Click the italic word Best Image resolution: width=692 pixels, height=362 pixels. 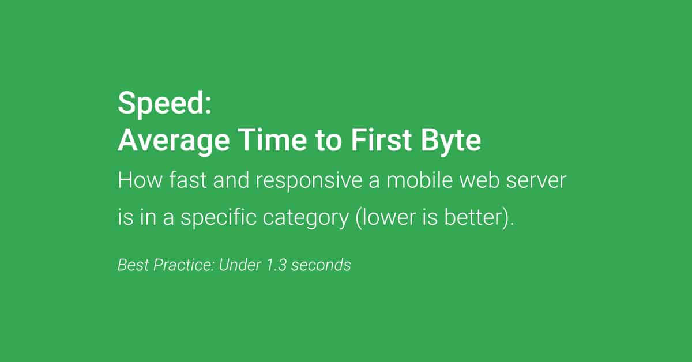130,265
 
